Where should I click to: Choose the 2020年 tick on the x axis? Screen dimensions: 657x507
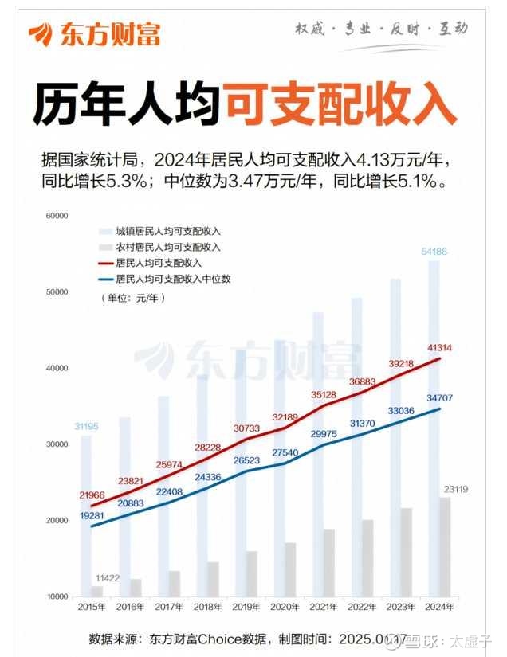[x=285, y=608]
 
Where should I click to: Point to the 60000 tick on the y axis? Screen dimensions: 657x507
[x=57, y=216]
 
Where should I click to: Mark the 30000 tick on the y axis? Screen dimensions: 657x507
[x=57, y=444]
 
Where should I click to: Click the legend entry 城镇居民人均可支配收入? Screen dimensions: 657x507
[x=167, y=229]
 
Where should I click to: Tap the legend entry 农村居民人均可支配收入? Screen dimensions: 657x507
[x=167, y=246]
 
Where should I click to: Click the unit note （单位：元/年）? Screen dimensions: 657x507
[x=132, y=298]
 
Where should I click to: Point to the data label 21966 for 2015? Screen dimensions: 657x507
[x=92, y=495]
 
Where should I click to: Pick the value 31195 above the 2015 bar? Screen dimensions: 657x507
[x=88, y=427]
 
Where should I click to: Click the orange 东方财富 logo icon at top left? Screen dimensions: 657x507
[x=40, y=33]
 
